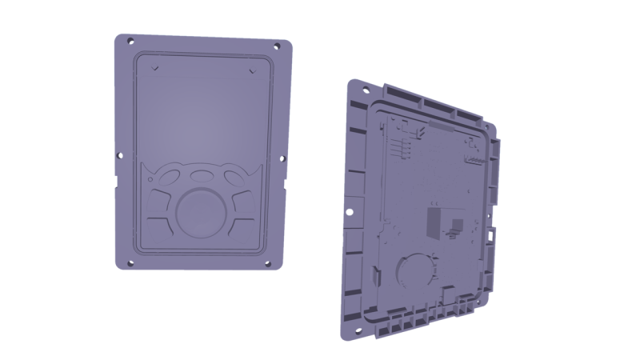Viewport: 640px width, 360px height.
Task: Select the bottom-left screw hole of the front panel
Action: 124,258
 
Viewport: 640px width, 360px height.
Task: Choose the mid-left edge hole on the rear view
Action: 349,212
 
